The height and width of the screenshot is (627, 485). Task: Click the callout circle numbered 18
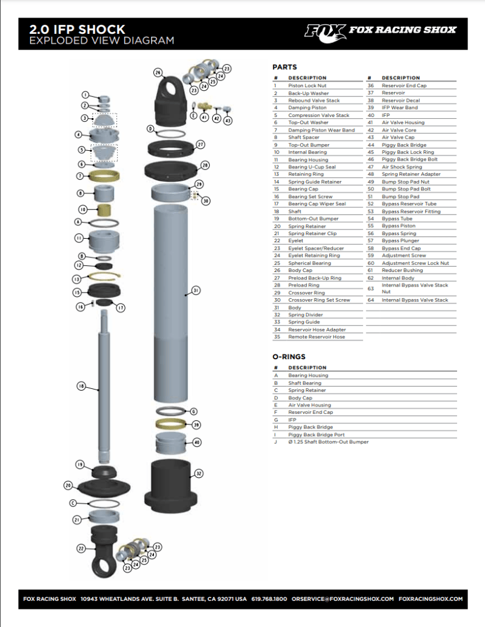pos(81,385)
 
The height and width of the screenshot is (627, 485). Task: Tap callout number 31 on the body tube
pos(196,291)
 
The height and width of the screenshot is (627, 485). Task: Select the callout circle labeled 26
pos(158,73)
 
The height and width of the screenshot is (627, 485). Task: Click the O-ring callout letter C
pos(73,503)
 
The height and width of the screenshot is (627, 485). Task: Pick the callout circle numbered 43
pos(228,121)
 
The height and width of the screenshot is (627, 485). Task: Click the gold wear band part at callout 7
pos(104,176)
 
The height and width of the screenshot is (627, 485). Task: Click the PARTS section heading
pos(284,67)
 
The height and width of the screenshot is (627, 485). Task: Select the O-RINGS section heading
pos(289,357)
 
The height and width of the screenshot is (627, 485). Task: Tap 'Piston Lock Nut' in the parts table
pos(307,86)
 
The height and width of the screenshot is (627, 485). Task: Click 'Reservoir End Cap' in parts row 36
pos(404,86)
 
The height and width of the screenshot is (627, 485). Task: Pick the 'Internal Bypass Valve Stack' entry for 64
pos(415,300)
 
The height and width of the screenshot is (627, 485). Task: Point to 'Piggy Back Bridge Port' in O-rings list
pos(316,434)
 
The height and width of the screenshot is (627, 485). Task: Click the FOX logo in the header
pos(325,30)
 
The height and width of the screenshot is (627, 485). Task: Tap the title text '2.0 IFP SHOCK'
pos(77,29)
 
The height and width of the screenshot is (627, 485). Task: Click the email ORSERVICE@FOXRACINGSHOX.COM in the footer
pos(343,599)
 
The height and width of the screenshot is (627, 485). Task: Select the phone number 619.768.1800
pos(269,599)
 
